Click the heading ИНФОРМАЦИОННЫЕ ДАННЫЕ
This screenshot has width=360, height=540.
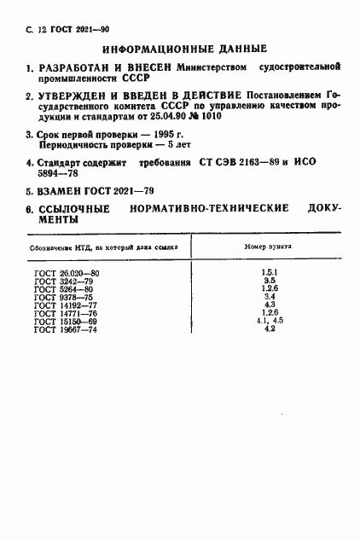tap(185, 49)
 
